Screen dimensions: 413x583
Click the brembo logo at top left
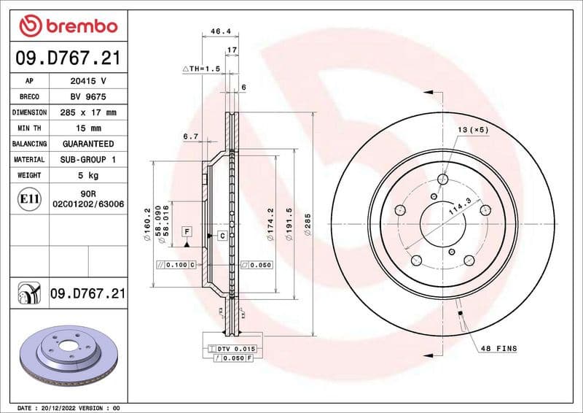pos(68,26)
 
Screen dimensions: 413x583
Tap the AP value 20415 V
pos(88,82)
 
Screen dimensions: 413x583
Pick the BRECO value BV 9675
pos(88,97)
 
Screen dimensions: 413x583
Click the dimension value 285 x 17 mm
pos(88,113)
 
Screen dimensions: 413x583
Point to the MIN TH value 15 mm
pos(88,128)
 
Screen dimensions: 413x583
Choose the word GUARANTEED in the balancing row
pos(88,144)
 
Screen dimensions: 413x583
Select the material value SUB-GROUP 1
pos(88,159)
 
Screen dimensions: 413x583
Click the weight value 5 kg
pos(88,175)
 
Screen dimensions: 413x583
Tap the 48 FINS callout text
pos(498,349)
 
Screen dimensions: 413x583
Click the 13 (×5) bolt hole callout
pos(472,129)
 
